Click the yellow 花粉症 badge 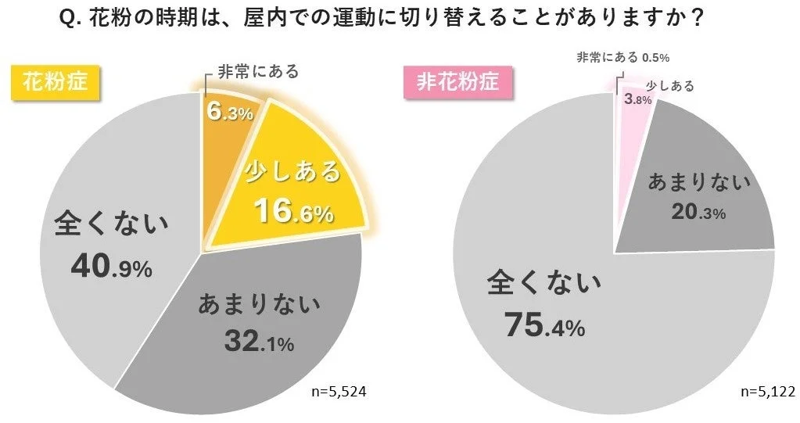click(x=55, y=81)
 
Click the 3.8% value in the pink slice click(x=637, y=100)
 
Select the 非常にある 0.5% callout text click(x=622, y=57)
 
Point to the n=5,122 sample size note click(x=766, y=391)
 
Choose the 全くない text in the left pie click(x=110, y=224)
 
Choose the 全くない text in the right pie click(x=544, y=281)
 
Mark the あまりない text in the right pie click(x=698, y=182)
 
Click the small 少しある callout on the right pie click(x=670, y=86)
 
